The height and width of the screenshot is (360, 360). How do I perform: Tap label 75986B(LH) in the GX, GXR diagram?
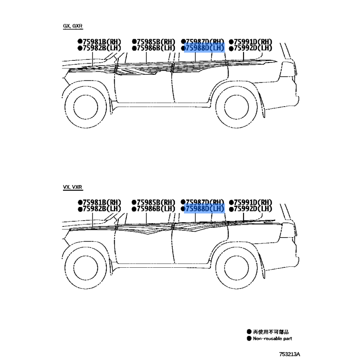click(x=154, y=48)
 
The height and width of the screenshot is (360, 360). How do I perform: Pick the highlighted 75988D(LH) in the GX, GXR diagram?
click(x=203, y=48)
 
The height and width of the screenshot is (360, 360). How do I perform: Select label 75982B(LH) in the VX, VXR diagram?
click(x=99, y=209)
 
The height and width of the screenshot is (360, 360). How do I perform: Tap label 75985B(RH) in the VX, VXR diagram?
click(x=154, y=202)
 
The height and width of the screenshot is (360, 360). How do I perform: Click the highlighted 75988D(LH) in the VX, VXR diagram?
click(x=203, y=209)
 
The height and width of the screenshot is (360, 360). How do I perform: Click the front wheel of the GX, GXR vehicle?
click(x=85, y=107)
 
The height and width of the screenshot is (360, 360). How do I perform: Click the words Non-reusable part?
click(x=272, y=338)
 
